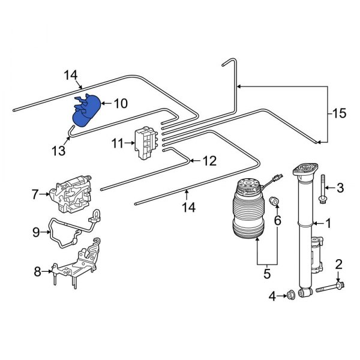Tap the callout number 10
[120, 104]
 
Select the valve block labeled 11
[144, 143]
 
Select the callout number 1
[328, 224]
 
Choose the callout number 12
[208, 161]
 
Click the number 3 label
[340, 188]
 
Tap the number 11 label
[118, 143]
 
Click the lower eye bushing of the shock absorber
[304, 293]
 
